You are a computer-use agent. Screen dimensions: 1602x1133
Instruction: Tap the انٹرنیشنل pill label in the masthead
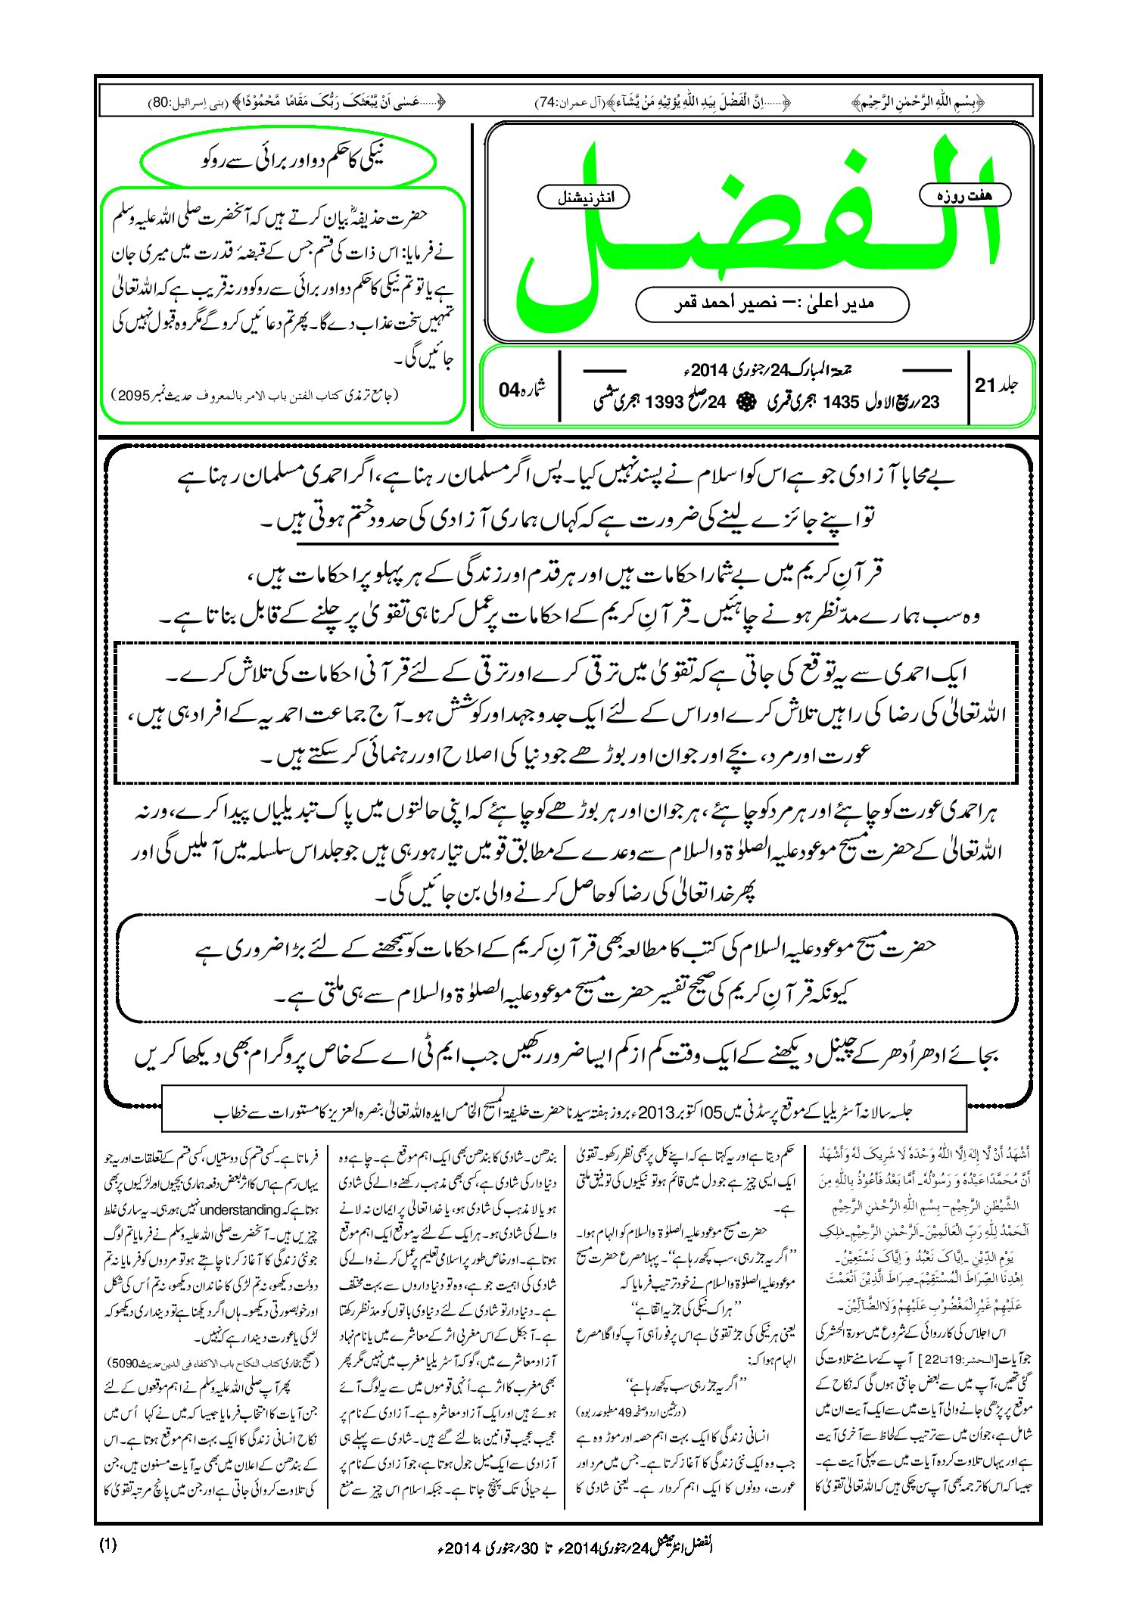[583, 198]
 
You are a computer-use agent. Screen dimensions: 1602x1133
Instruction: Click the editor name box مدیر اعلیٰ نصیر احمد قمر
[772, 303]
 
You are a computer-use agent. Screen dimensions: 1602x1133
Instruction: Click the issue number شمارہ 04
[522, 389]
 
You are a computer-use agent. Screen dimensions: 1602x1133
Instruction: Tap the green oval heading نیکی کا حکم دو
[288, 161]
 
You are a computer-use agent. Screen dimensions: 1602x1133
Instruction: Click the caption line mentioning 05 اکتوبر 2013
[564, 1112]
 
